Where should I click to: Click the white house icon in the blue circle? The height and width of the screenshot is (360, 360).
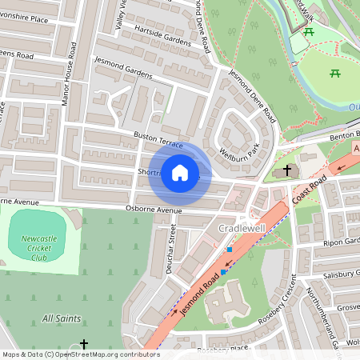pos(180,172)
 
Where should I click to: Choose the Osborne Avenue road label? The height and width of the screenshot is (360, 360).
pos(151,210)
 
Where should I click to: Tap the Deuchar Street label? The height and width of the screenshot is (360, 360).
pos(170,249)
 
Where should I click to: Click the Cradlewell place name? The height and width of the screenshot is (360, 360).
pos(242,229)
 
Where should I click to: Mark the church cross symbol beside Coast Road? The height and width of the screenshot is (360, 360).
pos(288,170)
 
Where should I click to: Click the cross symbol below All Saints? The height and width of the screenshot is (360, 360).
pos(84,343)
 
